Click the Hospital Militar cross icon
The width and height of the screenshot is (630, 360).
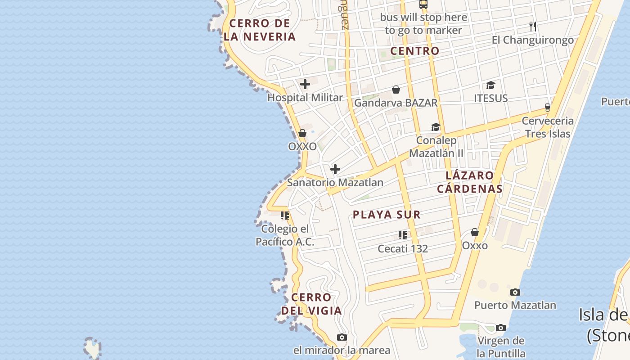[x=305, y=84]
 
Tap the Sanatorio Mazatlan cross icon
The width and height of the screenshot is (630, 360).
[x=335, y=169]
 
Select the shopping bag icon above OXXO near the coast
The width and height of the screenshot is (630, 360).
[x=302, y=133]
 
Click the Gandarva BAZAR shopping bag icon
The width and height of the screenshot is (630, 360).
[x=396, y=90]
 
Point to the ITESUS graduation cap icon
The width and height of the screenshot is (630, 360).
[x=490, y=85]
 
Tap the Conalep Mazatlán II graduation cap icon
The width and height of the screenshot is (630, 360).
[x=436, y=127]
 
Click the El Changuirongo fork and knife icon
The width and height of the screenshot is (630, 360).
[x=533, y=26]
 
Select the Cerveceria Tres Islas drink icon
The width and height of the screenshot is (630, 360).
[x=548, y=108]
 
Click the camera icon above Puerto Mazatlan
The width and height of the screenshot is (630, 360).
[x=515, y=292]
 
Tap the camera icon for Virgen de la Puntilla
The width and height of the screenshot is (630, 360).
[x=501, y=328]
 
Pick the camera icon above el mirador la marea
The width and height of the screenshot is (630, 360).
[x=342, y=337]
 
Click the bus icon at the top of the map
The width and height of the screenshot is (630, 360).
[x=423, y=4]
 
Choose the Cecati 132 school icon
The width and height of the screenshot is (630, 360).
[x=403, y=235]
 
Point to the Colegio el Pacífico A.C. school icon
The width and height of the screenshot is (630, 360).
[x=285, y=216]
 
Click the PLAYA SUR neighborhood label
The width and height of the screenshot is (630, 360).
[x=387, y=215]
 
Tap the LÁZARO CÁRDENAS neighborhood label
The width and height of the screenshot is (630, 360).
[x=470, y=182]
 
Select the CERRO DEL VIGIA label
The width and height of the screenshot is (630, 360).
[x=311, y=304]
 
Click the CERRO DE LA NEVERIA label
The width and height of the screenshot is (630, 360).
[x=260, y=30]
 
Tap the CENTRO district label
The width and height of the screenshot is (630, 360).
[x=414, y=51]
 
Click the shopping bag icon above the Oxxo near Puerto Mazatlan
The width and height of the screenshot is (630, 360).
[x=475, y=232]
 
